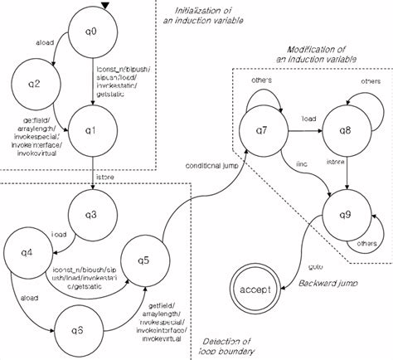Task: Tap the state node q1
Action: (x=95, y=130)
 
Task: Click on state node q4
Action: (x=25, y=251)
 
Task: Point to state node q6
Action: (x=79, y=328)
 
